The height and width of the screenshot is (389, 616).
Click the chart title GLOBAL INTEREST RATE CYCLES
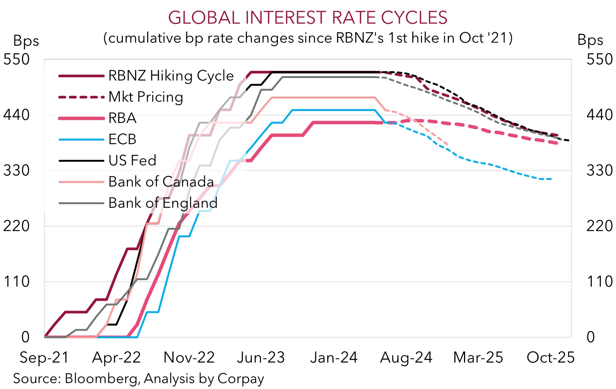click(307, 18)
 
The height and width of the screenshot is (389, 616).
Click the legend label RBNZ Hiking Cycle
click(171, 76)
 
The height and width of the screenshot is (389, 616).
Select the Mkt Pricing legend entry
click(146, 97)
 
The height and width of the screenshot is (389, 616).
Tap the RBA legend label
click(122, 118)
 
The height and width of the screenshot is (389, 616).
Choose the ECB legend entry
click(122, 139)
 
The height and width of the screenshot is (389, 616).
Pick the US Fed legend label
click(132, 161)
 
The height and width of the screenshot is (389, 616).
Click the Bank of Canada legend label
click(161, 182)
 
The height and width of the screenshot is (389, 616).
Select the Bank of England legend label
click(163, 203)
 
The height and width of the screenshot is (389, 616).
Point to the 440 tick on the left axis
click(16, 115)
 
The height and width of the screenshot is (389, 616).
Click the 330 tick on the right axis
click(599, 170)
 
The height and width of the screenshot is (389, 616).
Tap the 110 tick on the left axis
click(16, 281)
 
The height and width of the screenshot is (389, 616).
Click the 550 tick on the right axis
click(599, 59)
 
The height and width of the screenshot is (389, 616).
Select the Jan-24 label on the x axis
click(334, 358)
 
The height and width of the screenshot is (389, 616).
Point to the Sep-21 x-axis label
click(44, 358)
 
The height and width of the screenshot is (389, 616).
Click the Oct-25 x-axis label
click(551, 358)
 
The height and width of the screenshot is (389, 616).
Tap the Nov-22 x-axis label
click(189, 358)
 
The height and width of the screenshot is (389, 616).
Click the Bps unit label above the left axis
click(26, 41)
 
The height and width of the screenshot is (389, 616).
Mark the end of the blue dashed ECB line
click(551, 179)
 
